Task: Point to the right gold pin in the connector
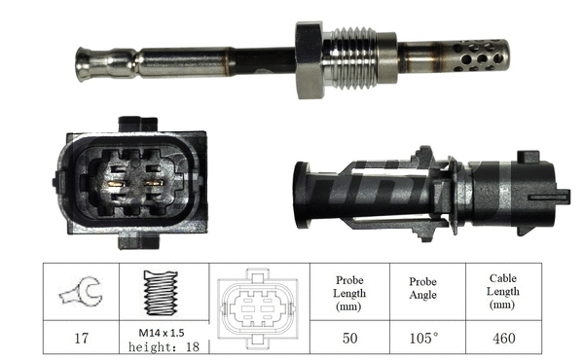[152, 183]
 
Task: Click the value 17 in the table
[82, 339]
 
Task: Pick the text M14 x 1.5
[161, 332]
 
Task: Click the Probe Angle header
[422, 288]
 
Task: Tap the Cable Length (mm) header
[502, 292]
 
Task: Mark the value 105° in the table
[423, 339]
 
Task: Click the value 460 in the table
[502, 339]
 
